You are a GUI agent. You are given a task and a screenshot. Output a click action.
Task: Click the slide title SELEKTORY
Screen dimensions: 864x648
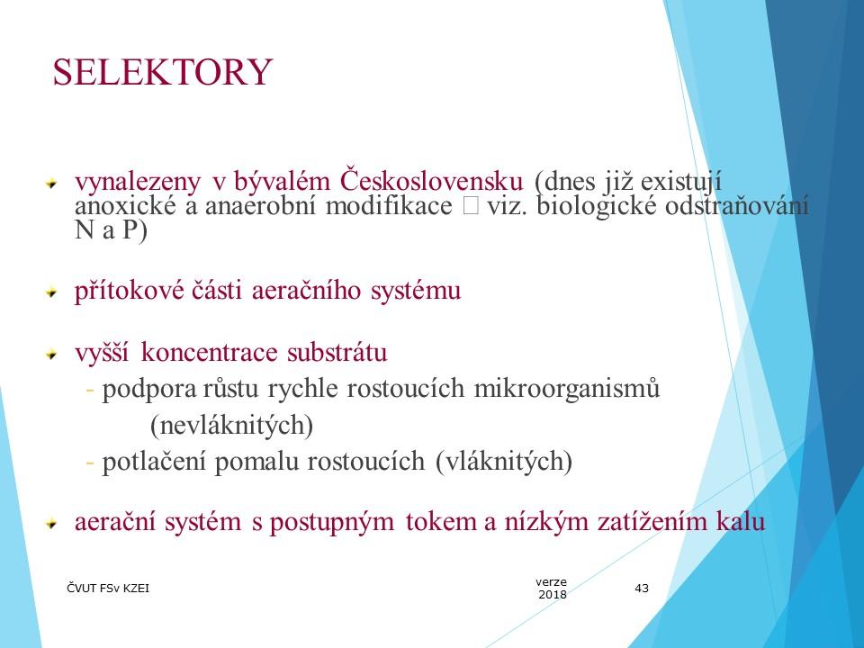[163, 72]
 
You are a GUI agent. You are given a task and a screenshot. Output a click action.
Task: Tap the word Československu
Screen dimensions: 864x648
[431, 181]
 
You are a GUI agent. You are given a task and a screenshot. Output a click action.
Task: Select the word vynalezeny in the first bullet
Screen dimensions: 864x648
[138, 183]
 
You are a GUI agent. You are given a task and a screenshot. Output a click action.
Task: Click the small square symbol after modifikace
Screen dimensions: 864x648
[471, 206]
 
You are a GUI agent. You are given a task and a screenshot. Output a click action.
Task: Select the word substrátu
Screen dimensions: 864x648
[337, 353]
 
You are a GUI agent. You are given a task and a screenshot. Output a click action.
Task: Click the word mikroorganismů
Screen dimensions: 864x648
[566, 389]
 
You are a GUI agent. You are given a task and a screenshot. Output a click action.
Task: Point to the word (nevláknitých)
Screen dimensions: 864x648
[231, 426]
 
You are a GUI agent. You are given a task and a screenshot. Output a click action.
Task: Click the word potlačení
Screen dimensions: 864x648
[154, 462]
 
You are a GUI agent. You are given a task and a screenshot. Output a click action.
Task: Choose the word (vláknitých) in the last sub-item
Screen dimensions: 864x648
[504, 462]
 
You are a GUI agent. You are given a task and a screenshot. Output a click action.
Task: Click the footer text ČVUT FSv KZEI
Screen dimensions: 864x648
[108, 589]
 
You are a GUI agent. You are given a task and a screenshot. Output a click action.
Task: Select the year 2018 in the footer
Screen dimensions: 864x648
[552, 595]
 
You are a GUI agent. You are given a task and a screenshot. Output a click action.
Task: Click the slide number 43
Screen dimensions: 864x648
[642, 589]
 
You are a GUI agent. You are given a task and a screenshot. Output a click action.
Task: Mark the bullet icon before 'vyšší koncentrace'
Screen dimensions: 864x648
[51, 354]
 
